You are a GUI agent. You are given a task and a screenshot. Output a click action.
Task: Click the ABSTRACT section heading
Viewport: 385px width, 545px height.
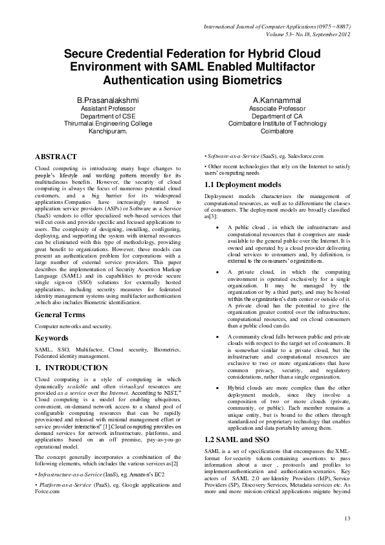point(56,157)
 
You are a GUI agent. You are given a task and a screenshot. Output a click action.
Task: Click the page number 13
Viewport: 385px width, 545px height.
point(347,517)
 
